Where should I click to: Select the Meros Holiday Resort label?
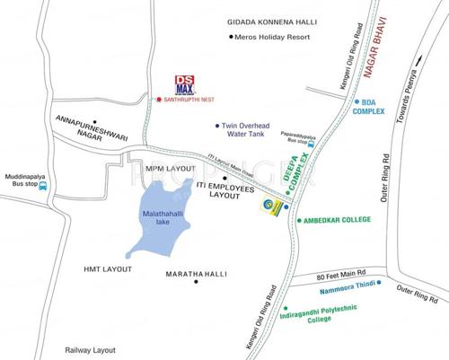[x=273, y=37]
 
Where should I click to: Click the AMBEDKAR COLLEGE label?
[x=340, y=219]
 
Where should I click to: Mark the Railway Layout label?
[x=90, y=350]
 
